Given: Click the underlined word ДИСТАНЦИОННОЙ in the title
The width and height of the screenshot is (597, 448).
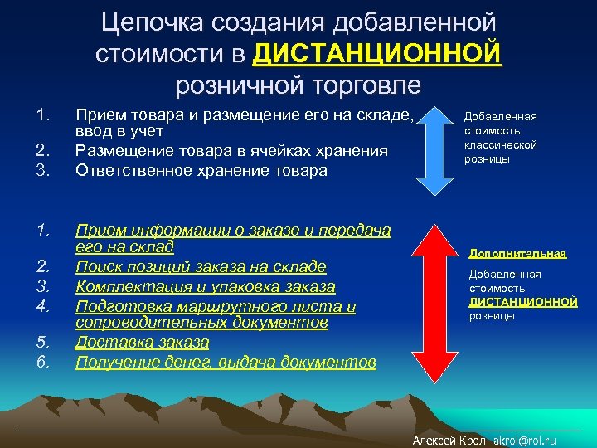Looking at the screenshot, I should click(x=378, y=55).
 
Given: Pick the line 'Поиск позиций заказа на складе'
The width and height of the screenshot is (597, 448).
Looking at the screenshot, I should click(x=201, y=266).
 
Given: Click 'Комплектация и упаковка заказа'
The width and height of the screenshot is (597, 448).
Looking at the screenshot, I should click(x=205, y=286).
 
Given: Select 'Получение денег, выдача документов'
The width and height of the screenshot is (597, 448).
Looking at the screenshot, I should click(x=226, y=362).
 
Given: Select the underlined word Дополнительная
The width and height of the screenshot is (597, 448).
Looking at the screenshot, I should click(x=517, y=252).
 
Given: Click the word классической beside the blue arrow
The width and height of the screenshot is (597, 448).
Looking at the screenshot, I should click(x=500, y=144).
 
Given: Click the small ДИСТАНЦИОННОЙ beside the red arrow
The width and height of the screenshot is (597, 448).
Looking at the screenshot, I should click(x=522, y=302).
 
